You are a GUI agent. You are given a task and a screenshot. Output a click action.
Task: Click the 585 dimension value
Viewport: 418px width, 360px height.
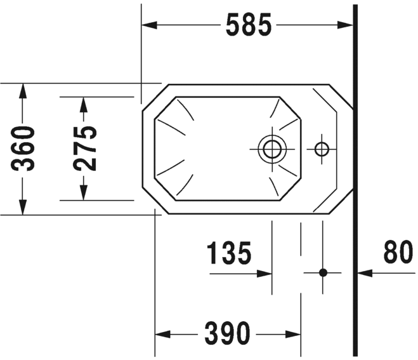click(x=249, y=25)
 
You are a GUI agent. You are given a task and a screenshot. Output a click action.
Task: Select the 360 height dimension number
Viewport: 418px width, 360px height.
click(x=24, y=149)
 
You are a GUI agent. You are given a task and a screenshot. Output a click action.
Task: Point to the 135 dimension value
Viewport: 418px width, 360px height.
click(x=230, y=254)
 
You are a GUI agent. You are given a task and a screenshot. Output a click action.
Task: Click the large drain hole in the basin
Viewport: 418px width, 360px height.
click(x=272, y=149)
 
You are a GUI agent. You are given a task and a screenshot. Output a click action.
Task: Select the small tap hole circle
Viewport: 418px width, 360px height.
click(x=322, y=149)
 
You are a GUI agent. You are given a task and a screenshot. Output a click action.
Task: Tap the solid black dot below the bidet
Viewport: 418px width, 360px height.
click(x=322, y=273)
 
